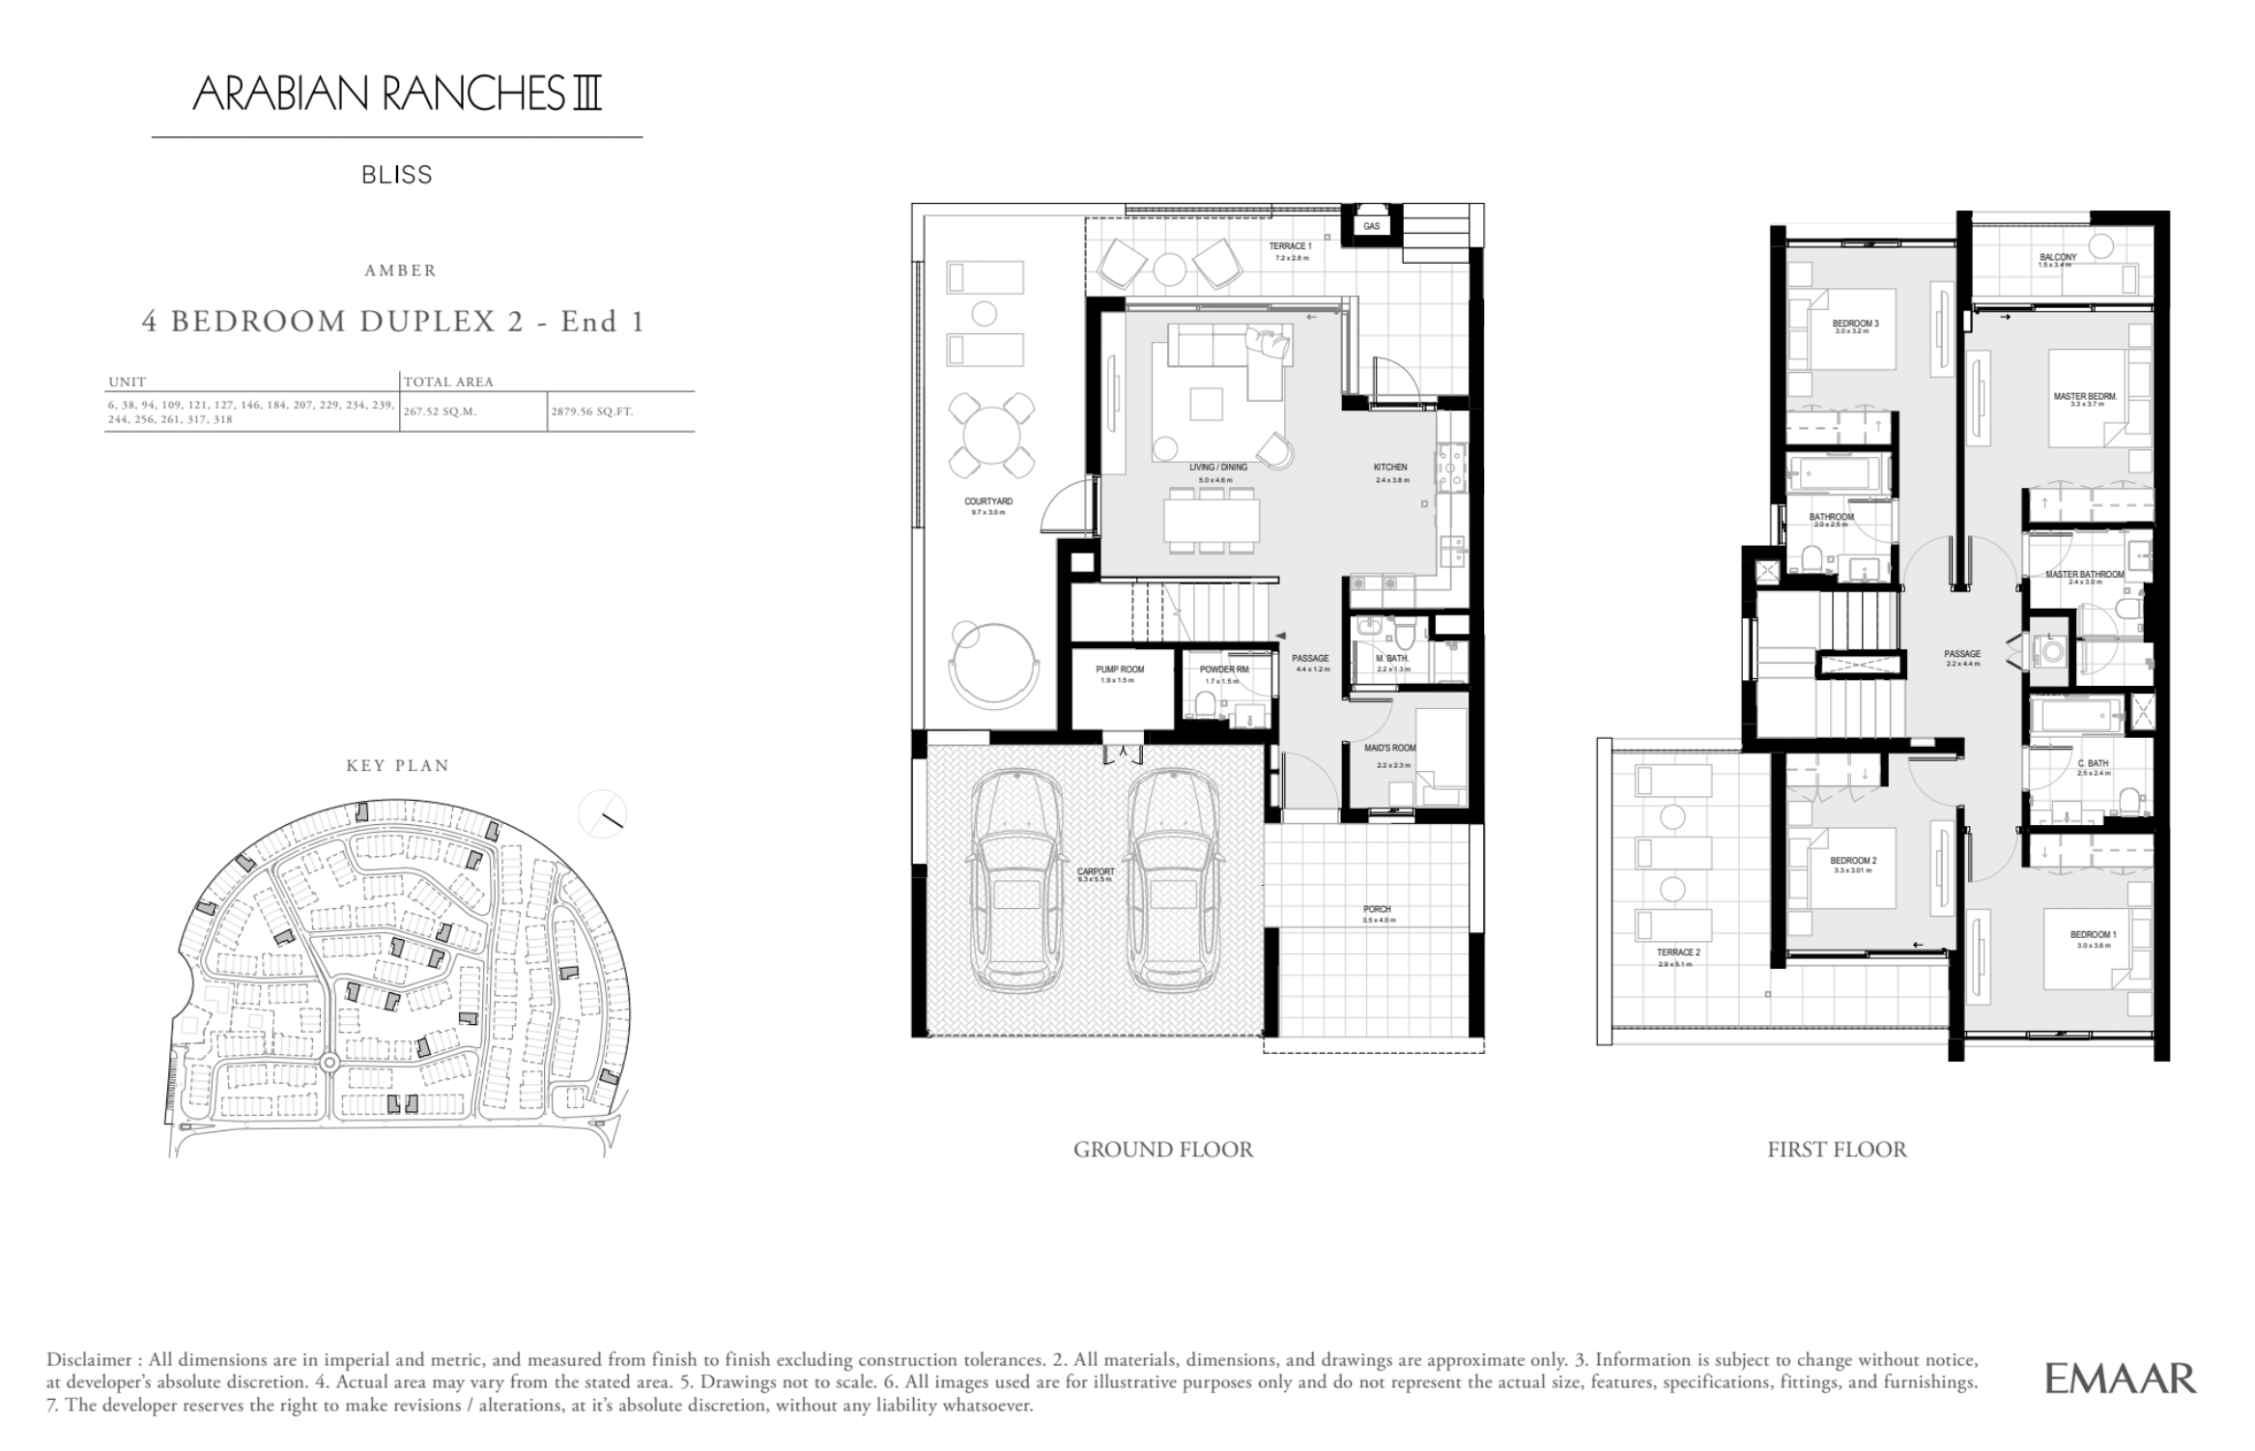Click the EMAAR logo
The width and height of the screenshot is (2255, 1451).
coord(2120,1379)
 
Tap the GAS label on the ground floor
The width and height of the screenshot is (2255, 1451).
coord(1371,226)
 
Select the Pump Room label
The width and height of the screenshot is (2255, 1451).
coord(1119,669)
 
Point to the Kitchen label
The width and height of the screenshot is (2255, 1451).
coord(1390,468)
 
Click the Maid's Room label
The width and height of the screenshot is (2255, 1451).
coord(1389,749)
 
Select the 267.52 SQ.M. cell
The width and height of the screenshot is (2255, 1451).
coord(442,412)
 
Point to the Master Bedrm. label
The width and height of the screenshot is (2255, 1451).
coord(2085,397)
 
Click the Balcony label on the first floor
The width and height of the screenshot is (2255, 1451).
coord(2057,258)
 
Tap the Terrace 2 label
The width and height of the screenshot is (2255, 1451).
coord(1677,953)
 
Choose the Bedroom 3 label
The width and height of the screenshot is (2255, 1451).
coord(1855,324)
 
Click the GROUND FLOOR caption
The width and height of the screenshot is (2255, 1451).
coord(1162,1150)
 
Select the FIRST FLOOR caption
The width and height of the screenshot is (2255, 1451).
coord(1837,1150)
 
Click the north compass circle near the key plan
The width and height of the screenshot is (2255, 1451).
coord(602,814)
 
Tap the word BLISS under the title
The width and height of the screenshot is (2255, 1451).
coord(397,175)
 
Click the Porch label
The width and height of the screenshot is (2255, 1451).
coord(1377,909)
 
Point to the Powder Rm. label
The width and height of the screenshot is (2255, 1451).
coord(1223,669)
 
